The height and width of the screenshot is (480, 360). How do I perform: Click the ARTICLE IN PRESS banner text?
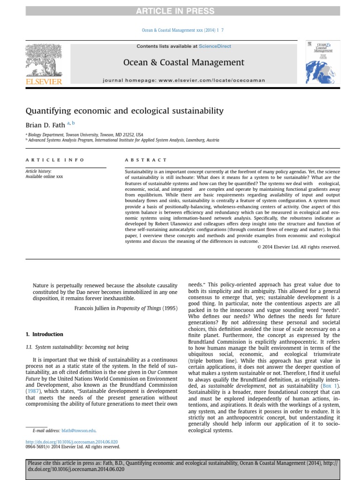point(180,11)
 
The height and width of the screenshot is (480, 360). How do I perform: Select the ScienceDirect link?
point(215,46)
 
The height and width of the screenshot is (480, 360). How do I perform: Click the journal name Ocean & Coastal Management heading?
point(183,62)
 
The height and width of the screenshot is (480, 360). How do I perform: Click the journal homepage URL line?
point(184,81)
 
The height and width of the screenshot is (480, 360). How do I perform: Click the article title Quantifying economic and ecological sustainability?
point(124,111)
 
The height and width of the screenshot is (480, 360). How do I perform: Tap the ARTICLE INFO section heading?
point(55,160)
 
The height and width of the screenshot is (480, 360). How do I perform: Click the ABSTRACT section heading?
point(146,160)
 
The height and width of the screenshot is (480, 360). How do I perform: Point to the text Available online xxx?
point(44,177)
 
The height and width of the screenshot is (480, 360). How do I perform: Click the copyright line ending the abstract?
point(299,247)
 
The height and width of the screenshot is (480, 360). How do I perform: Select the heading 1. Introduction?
point(44,334)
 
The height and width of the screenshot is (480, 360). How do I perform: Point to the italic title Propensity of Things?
point(139,308)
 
